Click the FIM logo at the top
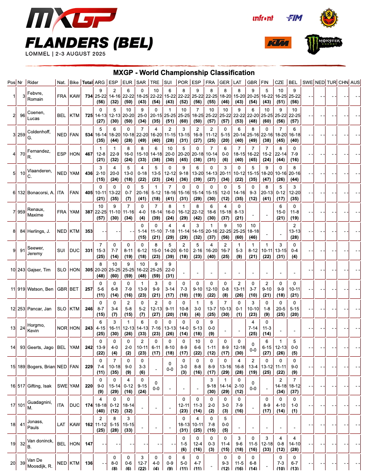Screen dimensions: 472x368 295,18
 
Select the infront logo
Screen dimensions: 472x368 263,18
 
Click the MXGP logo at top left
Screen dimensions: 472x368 71,20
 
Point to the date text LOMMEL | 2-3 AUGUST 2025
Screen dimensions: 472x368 65,54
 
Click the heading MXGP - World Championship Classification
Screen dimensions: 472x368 184,73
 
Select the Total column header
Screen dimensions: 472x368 87,82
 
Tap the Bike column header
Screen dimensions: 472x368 74,82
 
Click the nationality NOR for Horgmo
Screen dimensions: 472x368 62,328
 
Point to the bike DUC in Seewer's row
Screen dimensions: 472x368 74,250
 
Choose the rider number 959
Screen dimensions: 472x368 21,212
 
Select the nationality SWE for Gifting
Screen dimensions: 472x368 62,386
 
